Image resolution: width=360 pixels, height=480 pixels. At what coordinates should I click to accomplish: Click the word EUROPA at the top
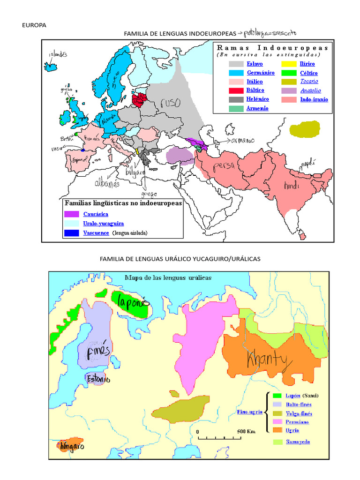coord(34,25)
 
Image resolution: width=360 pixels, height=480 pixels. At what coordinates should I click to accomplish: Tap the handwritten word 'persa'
coord(224,167)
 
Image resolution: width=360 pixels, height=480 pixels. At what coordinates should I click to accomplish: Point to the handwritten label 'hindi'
coord(291,186)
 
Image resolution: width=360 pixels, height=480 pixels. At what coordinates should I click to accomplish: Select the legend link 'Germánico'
coord(261,73)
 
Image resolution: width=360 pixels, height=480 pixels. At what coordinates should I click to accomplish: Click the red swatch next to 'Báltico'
coord(236,90)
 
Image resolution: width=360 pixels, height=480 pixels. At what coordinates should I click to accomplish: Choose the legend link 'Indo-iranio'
coord(314,99)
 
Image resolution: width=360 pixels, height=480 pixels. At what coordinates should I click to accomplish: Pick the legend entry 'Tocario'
coord(309,82)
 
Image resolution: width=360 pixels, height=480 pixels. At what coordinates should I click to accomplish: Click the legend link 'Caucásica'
coord(96,214)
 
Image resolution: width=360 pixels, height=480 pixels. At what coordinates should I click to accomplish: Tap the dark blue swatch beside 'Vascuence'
coord(72,233)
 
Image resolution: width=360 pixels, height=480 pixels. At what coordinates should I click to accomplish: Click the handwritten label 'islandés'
coord(58,54)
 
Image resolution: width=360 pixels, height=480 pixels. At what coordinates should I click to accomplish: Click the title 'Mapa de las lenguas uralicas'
coord(168,277)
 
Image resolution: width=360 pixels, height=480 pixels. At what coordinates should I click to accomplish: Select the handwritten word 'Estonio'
coord(97,379)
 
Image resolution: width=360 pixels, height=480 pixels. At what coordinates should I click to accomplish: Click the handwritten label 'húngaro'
coord(72,446)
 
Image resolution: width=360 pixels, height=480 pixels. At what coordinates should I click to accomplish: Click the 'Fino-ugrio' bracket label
coord(249,412)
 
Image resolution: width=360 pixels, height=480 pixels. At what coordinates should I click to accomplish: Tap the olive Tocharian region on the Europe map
coord(304,129)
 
